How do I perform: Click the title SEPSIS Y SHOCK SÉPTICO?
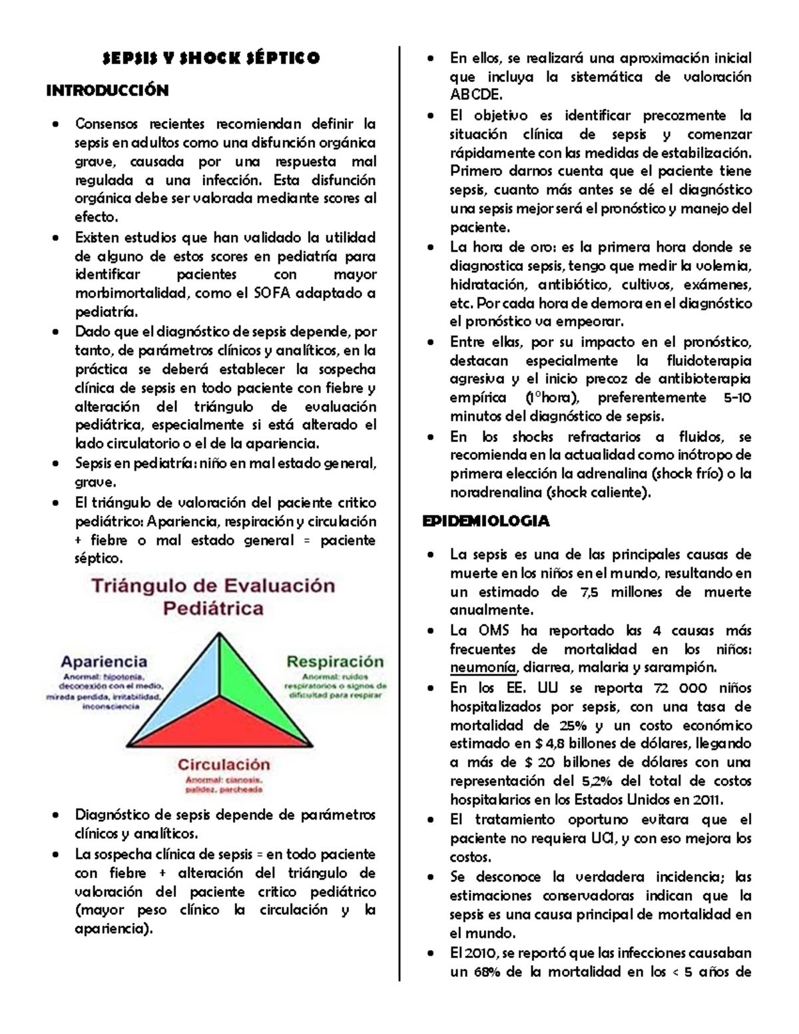pyautogui.click(x=210, y=59)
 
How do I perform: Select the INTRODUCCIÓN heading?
pyautogui.click(x=107, y=91)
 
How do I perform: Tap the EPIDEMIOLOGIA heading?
pyautogui.click(x=486, y=521)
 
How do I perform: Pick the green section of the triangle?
pyautogui.click(x=256, y=686)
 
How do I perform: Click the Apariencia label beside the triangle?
pyautogui.click(x=104, y=662)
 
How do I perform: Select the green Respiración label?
pyautogui.click(x=335, y=662)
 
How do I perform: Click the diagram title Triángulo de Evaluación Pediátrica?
pyautogui.click(x=213, y=597)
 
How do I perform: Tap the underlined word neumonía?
pyautogui.click(x=483, y=668)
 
